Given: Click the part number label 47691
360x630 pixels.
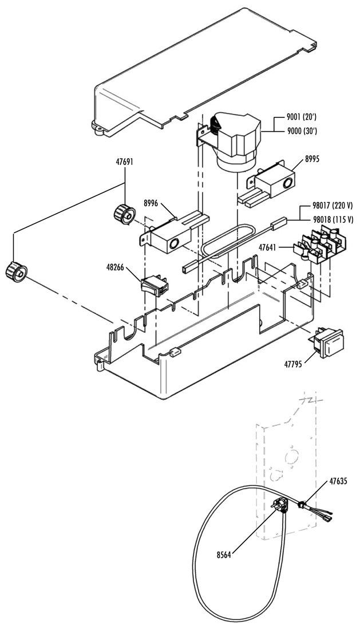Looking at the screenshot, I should tap(124, 162).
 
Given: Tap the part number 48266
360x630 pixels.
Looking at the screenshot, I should tap(117, 266).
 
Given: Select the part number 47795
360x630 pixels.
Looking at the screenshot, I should tap(295, 363).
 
